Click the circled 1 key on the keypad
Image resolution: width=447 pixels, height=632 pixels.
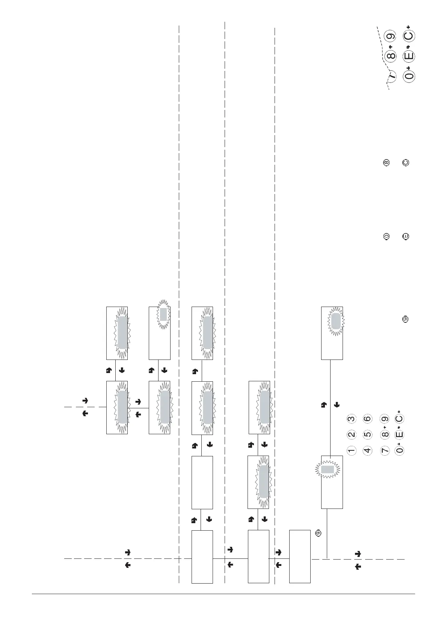click(x=351, y=450)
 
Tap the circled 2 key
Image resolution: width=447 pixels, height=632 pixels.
click(x=351, y=435)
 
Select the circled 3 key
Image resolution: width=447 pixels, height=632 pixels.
click(x=351, y=419)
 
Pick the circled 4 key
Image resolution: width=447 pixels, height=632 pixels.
click(x=367, y=450)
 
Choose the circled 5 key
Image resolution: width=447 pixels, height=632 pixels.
click(x=367, y=435)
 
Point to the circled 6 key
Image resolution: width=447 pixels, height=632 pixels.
click(x=367, y=419)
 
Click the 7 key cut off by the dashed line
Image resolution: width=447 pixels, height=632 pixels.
click(x=392, y=76)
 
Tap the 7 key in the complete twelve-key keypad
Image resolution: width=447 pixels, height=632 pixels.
click(x=385, y=450)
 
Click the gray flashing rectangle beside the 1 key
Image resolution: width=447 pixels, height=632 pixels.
click(x=327, y=469)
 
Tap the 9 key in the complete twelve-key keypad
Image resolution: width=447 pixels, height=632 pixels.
click(x=385, y=419)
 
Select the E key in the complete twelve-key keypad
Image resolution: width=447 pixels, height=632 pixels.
click(x=400, y=435)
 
